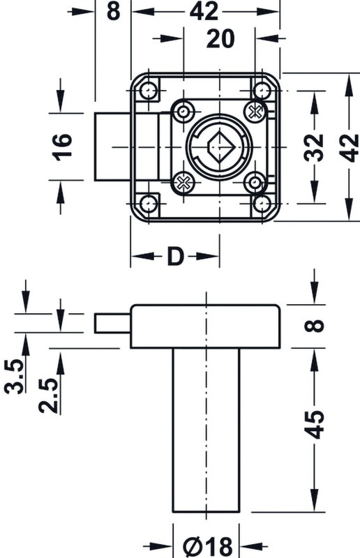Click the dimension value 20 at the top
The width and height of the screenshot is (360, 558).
point(220,39)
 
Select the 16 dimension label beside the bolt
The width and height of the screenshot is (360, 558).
point(62,147)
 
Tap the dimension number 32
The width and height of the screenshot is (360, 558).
point(315,147)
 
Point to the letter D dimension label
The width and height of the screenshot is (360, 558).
point(175,257)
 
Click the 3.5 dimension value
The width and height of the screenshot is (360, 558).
point(14,376)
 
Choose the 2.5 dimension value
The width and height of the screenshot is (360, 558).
point(49,395)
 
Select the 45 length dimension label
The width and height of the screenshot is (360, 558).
point(315,424)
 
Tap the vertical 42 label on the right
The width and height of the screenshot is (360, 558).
point(349,147)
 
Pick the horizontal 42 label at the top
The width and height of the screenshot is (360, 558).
point(204,12)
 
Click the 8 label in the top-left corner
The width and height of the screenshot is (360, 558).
point(113,12)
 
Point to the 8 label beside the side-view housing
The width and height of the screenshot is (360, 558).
point(315,326)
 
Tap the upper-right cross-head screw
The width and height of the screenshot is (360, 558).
point(255,112)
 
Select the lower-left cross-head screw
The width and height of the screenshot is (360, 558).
point(183,183)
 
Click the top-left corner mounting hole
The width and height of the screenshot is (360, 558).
point(148,91)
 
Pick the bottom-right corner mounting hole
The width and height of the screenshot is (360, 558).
point(263,204)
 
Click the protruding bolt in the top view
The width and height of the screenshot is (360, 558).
point(112,147)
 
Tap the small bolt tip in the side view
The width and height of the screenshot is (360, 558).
point(112,324)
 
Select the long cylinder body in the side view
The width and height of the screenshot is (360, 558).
point(207,430)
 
